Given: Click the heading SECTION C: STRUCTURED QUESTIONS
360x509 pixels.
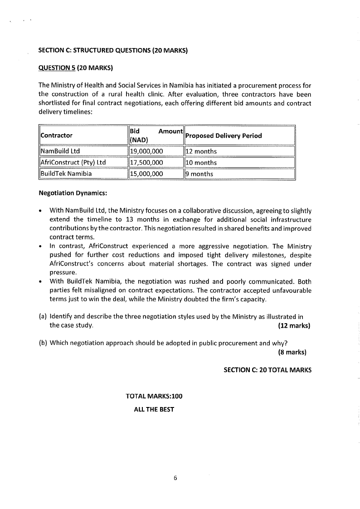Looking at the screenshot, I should tap(113, 50).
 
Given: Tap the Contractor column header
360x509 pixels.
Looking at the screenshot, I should tap(57, 136).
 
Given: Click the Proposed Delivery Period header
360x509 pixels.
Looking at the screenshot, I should tap(224, 136).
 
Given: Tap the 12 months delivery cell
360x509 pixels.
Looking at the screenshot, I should tap(201, 151).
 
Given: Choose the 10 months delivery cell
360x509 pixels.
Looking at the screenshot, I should tap(201, 163).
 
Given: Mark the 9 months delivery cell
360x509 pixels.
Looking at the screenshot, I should tap(199, 174).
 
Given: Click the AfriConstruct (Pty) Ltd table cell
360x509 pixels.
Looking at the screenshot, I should tap(73, 163).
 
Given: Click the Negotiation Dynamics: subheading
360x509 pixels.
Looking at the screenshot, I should tap(73, 193).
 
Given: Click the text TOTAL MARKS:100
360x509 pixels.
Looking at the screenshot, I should tap(154, 396).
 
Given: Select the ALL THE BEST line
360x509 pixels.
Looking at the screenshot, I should tap(154, 409).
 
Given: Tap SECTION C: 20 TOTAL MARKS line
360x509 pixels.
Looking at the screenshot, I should tap(268, 370).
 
